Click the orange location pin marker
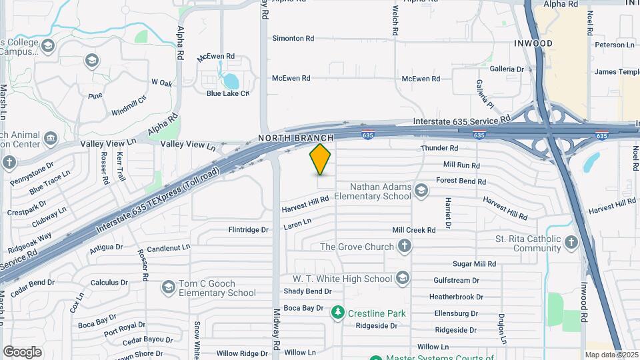tap(320, 159)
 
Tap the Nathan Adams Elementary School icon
tap(421, 191)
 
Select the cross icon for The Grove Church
tap(404, 247)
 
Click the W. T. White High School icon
tap(403, 278)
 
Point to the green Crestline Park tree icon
tap(338, 313)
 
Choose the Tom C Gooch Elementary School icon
tap(169, 287)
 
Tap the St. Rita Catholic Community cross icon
tap(571, 243)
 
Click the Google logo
tap(22, 351)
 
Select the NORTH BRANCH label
tap(305, 138)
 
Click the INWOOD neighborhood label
tap(533, 43)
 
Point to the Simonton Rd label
tap(293, 39)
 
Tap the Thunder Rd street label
tap(439, 148)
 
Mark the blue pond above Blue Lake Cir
tap(231, 81)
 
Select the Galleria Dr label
tap(507, 69)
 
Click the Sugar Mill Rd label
tap(475, 264)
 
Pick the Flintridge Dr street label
tap(248, 230)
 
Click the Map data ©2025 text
tap(611, 355)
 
